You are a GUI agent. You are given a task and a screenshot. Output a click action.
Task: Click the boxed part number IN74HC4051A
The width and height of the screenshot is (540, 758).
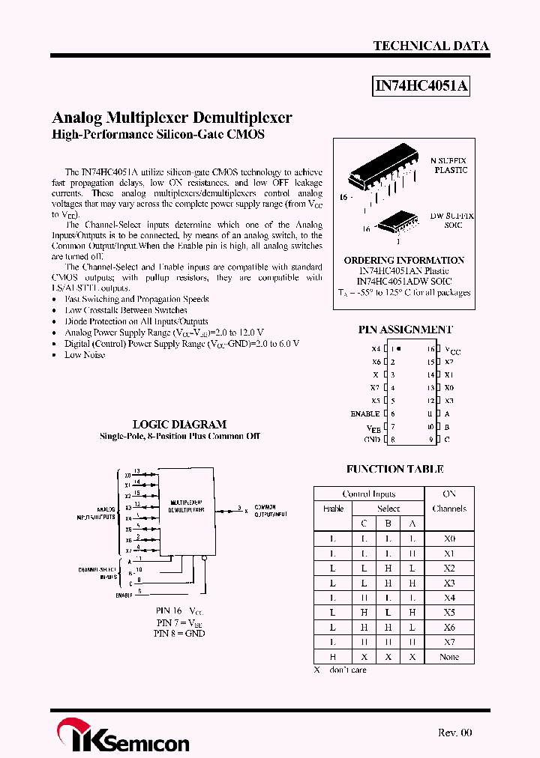pos(421,87)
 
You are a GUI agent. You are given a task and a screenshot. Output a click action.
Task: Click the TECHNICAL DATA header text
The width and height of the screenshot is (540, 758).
pos(430,46)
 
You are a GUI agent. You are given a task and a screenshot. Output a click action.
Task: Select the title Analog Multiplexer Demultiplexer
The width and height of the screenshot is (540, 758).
pos(172,118)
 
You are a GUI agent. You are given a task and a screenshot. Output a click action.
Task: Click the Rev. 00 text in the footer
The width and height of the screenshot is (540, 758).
pos(455,733)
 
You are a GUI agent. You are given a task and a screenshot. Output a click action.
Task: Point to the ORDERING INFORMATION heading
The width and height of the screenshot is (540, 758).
pos(404,261)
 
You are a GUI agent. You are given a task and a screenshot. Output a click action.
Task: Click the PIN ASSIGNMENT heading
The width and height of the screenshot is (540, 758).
pos(405,329)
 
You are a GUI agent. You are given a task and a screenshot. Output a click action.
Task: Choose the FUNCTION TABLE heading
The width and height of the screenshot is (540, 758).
pos(394,470)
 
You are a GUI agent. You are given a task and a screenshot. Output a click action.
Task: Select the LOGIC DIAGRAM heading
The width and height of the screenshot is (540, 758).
pos(179,424)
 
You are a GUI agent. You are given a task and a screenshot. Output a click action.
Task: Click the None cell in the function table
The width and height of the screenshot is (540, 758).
pos(449,657)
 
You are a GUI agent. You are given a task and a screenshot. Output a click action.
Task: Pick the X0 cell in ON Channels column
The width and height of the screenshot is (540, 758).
pos(449,539)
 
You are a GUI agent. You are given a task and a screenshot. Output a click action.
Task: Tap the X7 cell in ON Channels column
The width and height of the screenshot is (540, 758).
pos(449,642)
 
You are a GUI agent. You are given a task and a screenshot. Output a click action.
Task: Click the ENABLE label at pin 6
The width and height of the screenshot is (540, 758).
pos(365,414)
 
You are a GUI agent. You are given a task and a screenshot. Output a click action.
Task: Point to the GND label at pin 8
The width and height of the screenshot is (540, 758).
pos(372,440)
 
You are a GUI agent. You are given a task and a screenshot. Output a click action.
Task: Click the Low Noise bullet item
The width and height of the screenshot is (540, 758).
pos(85,355)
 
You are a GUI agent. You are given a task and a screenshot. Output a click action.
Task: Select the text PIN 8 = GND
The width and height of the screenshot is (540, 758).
pos(179,633)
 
